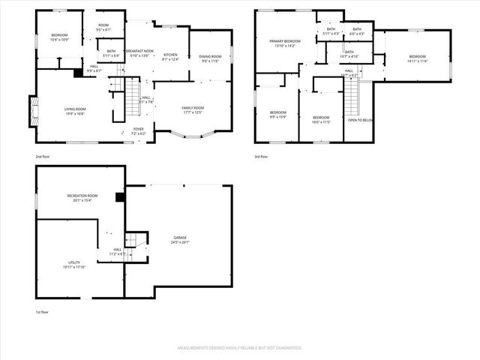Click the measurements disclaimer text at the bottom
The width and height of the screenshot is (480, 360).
point(238,349)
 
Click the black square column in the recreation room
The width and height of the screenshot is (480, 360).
point(118,198)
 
